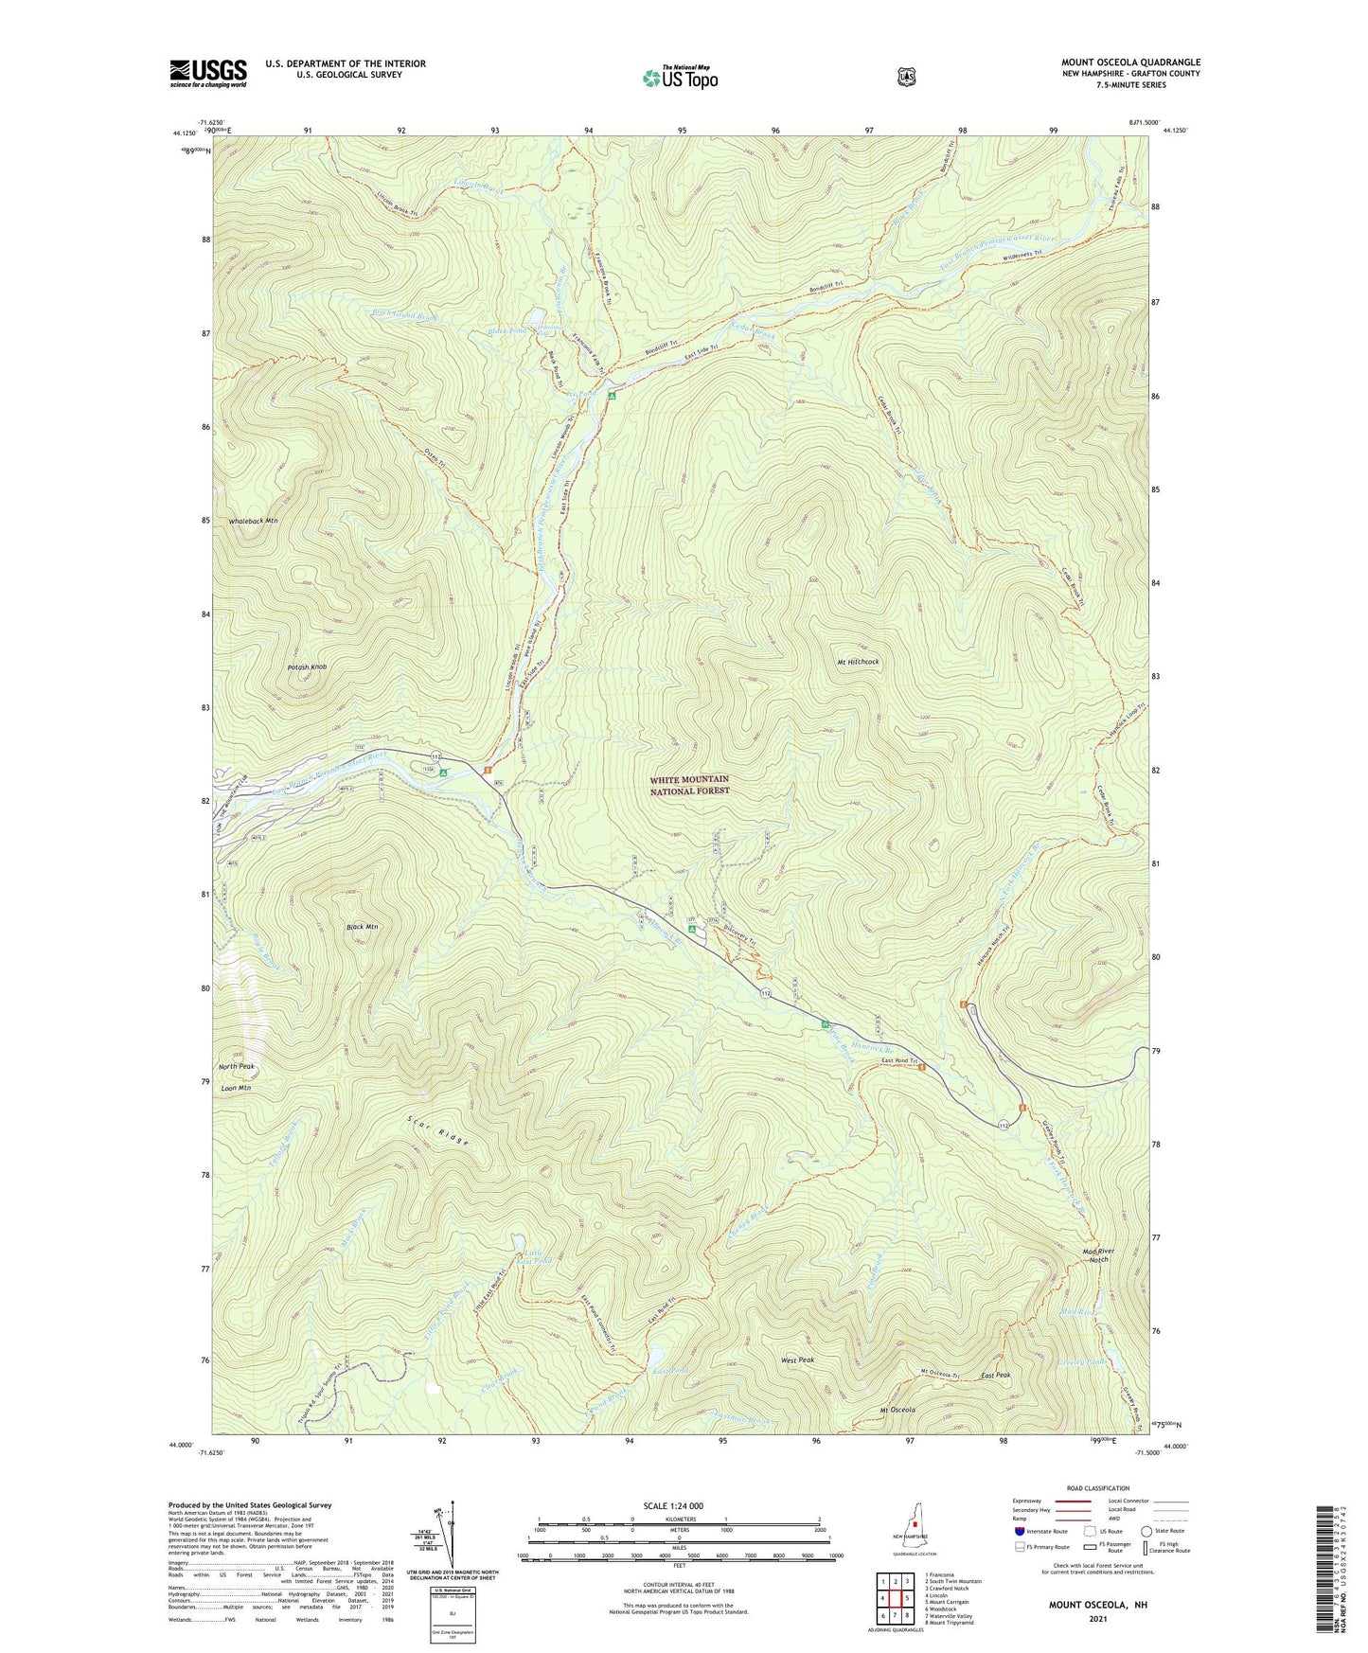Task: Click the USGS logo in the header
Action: [x=208, y=73]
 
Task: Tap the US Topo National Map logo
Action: [x=679, y=77]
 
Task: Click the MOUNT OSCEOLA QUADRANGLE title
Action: [x=1129, y=62]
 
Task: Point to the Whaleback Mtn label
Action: [x=253, y=522]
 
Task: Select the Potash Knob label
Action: [x=307, y=667]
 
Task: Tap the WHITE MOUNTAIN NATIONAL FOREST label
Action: [x=689, y=785]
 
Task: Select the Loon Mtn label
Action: [x=235, y=1089]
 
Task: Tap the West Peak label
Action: [x=797, y=1360]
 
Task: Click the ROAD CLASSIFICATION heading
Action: [x=1096, y=1489]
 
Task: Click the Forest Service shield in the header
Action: [x=906, y=77]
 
